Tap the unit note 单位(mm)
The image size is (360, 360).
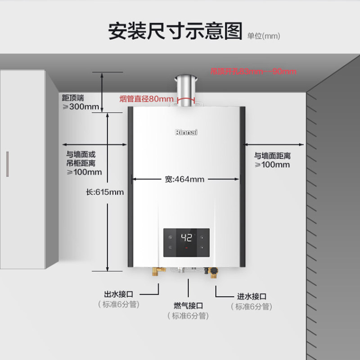click(263, 36)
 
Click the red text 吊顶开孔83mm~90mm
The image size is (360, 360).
click(253, 71)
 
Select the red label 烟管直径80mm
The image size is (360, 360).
click(146, 99)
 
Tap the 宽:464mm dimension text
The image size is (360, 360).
click(184, 179)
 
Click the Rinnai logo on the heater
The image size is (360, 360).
click(186, 132)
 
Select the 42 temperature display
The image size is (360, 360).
click(186, 238)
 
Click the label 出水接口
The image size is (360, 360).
click(119, 294)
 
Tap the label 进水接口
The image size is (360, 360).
click(252, 297)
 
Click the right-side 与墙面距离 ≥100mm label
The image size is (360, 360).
click(272, 160)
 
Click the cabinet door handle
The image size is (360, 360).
click(7, 164)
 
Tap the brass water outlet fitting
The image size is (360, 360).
click(157, 273)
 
